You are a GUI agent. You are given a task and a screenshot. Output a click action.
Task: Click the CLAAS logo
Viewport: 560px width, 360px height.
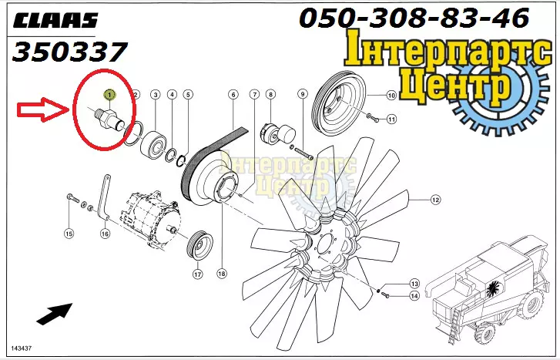pyautogui.click(x=55, y=21)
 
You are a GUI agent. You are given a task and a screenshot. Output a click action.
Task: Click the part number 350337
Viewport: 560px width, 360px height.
pyautogui.click(x=69, y=52)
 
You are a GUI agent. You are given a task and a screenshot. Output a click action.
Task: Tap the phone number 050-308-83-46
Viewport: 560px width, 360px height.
pyautogui.click(x=414, y=18)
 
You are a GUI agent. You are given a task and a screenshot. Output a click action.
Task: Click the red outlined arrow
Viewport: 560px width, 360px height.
pyautogui.click(x=43, y=109)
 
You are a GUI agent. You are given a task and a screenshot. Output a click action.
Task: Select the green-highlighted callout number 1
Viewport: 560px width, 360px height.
pyautogui.click(x=109, y=95)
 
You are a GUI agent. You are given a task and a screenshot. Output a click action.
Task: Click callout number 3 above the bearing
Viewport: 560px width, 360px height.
pyautogui.click(x=155, y=95)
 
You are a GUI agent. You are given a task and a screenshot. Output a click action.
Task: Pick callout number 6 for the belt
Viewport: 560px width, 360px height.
pyautogui.click(x=233, y=95)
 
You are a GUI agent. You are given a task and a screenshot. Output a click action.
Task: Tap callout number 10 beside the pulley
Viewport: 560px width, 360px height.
pyautogui.click(x=391, y=95)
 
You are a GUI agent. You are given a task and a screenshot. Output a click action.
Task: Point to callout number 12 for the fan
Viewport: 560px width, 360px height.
pyautogui.click(x=435, y=200)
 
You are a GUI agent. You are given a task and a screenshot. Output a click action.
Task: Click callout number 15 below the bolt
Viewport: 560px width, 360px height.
pyautogui.click(x=69, y=234)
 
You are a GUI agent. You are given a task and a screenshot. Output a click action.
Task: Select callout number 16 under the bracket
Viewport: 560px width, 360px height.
pyautogui.click(x=105, y=234)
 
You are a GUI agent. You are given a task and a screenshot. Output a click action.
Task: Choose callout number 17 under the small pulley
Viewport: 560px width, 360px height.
pyautogui.click(x=197, y=274)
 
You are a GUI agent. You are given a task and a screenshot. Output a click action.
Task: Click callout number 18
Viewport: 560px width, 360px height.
pyautogui.click(x=221, y=274)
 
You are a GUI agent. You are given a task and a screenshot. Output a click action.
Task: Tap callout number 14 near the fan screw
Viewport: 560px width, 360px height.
pyautogui.click(x=414, y=296)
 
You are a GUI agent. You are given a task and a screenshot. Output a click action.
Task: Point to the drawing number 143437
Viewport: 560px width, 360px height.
pyautogui.click(x=21, y=348)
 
